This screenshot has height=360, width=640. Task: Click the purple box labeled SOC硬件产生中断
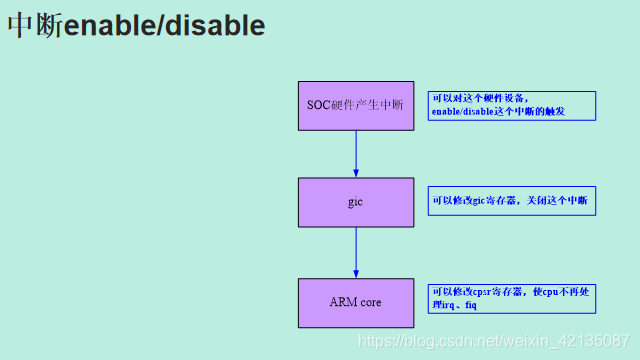355,104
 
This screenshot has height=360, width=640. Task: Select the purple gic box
355,202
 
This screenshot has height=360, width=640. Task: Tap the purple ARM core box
355,302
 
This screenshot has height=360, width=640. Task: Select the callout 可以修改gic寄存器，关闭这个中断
511,201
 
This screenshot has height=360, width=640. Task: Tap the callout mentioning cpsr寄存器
511,297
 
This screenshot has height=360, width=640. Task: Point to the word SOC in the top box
320,104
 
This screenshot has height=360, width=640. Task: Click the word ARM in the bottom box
342,302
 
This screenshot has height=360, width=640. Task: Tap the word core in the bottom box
370,302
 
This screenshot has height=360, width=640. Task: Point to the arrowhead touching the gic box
355,173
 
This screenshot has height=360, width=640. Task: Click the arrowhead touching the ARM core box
355,273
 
